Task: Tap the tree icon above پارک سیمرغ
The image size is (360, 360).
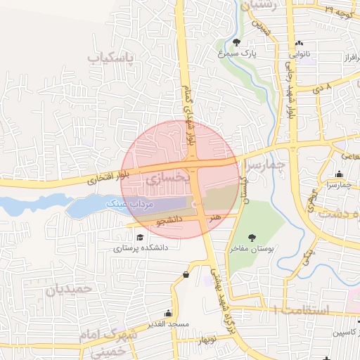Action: click(236, 42)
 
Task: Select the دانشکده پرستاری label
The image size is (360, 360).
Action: click(136, 248)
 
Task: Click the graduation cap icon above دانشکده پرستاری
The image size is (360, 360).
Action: click(140, 237)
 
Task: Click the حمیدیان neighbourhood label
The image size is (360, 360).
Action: click(69, 288)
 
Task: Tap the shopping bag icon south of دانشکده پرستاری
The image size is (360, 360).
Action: click(186, 274)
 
